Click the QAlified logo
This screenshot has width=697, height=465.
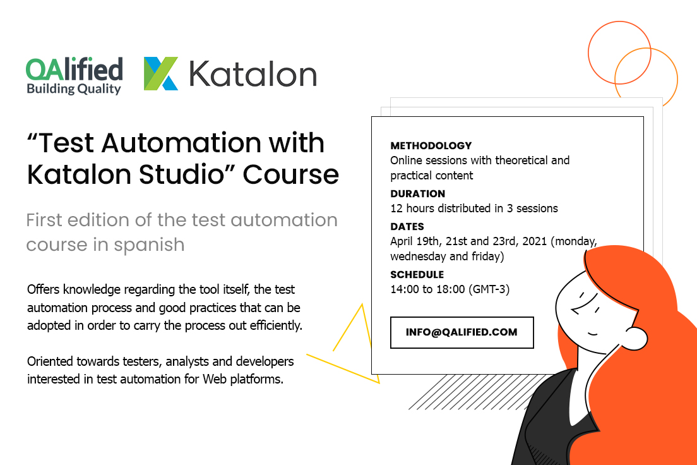coord(74,75)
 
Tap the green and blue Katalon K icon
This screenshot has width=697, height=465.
coord(160,73)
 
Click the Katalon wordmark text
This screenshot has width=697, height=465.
coord(253,75)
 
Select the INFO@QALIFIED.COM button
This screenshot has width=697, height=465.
coord(462,332)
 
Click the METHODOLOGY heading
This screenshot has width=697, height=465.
coord(431,146)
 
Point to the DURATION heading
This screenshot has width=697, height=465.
coord(417,194)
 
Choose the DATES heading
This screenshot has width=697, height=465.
coord(407,227)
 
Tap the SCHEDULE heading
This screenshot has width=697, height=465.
coord(417,275)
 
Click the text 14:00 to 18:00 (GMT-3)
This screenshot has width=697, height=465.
coord(450,289)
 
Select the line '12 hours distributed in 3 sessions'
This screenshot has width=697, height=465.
coord(474,208)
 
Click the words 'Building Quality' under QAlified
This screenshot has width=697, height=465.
coord(73,89)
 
